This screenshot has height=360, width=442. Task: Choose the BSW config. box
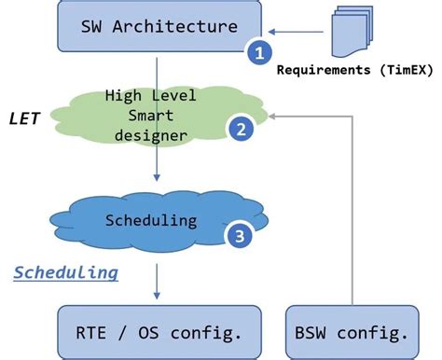click(352, 332)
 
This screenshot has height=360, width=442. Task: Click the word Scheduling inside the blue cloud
click(151, 221)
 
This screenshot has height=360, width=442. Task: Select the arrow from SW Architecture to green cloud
click(158, 70)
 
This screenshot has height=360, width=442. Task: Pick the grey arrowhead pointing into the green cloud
click(277, 116)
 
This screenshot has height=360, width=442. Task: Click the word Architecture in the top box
click(186, 26)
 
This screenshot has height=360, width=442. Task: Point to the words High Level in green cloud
click(152, 96)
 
